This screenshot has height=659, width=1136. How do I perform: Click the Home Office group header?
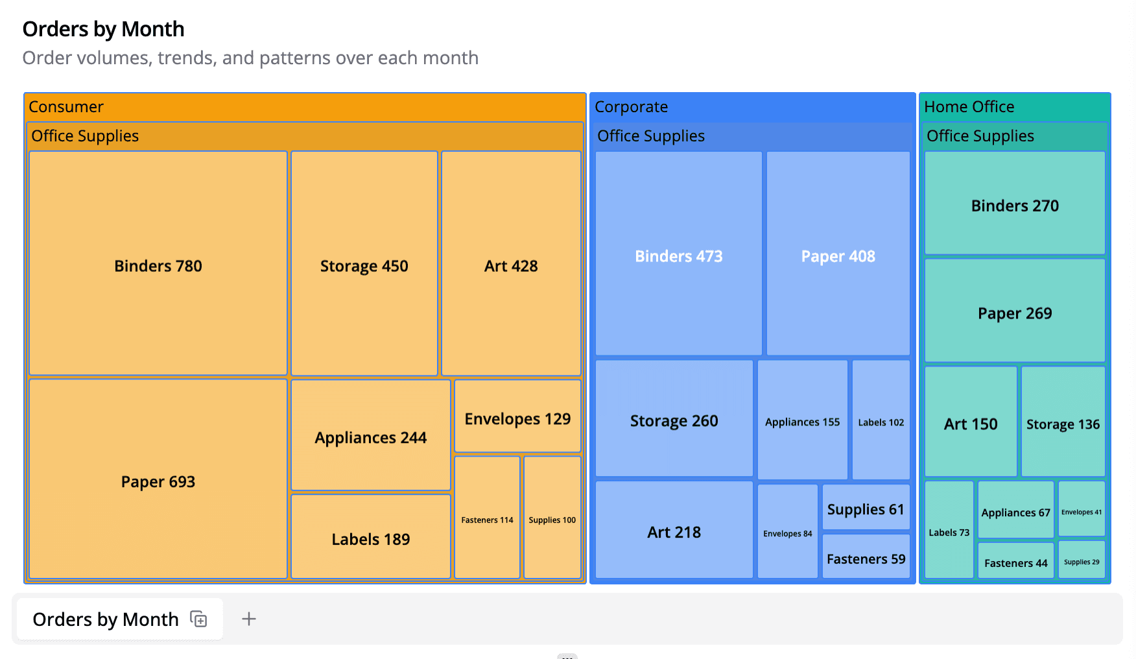pyautogui.click(x=969, y=107)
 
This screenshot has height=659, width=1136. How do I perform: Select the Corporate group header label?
pyautogui.click(x=631, y=107)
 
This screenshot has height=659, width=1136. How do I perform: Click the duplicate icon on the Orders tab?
pyautogui.click(x=199, y=619)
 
